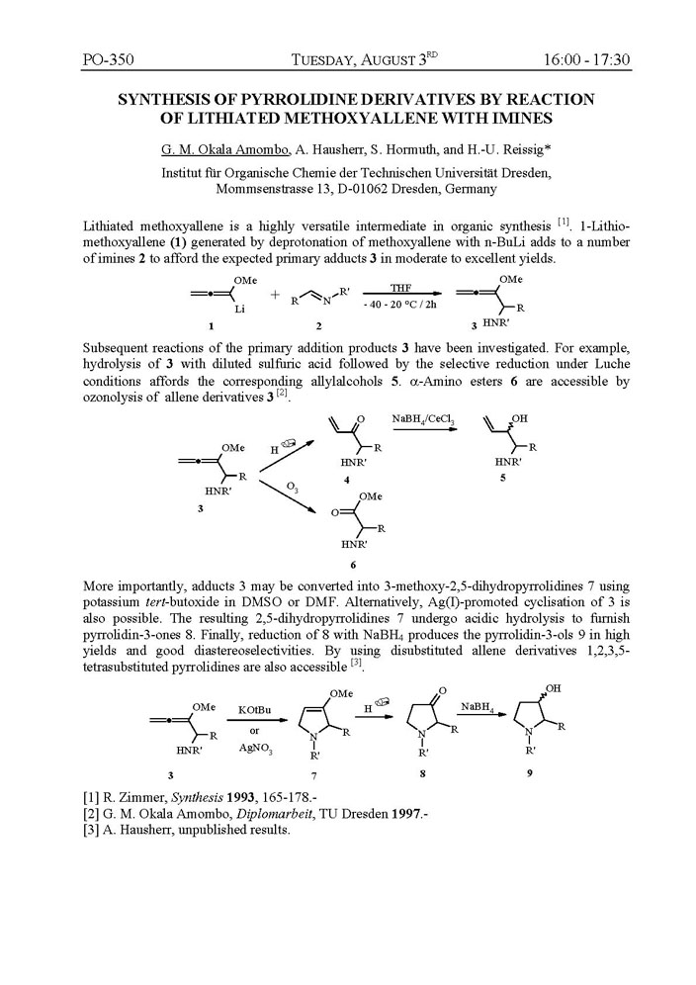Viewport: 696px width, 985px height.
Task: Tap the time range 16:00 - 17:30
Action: pyautogui.click(x=586, y=59)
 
